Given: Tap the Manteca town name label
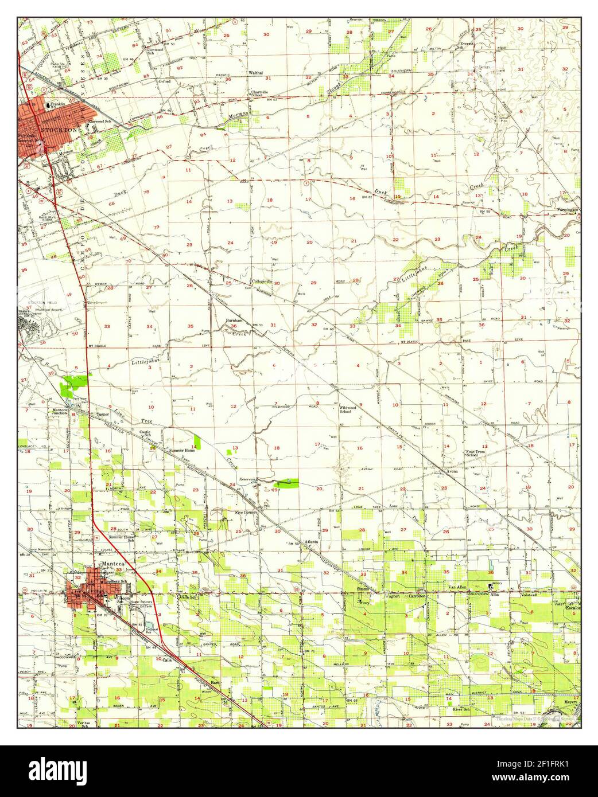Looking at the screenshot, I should click(x=112, y=564).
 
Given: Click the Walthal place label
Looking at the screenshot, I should click(x=255, y=73).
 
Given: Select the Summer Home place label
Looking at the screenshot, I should click(x=182, y=451).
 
